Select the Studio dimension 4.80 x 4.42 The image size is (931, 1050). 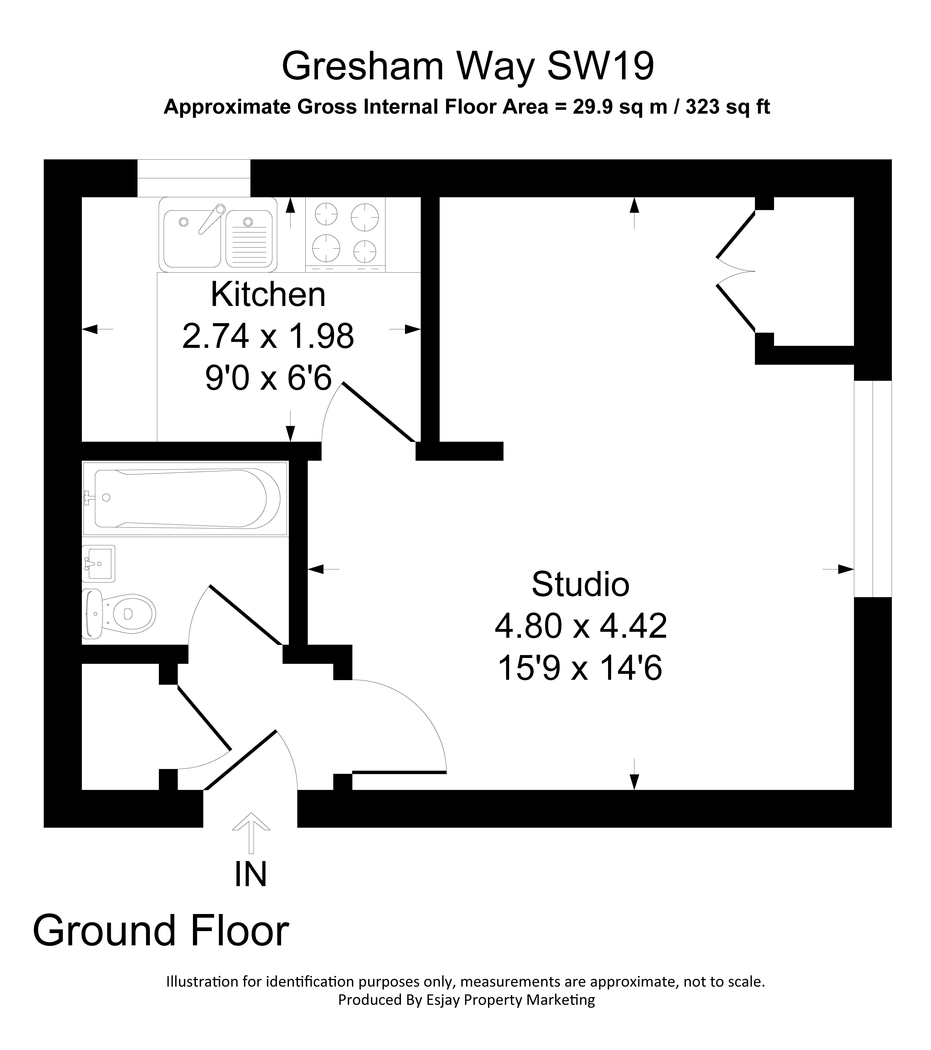581,626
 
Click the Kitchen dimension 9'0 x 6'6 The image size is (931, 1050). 268,379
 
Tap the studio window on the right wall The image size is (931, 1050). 873,488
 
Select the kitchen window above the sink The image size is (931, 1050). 194,178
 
